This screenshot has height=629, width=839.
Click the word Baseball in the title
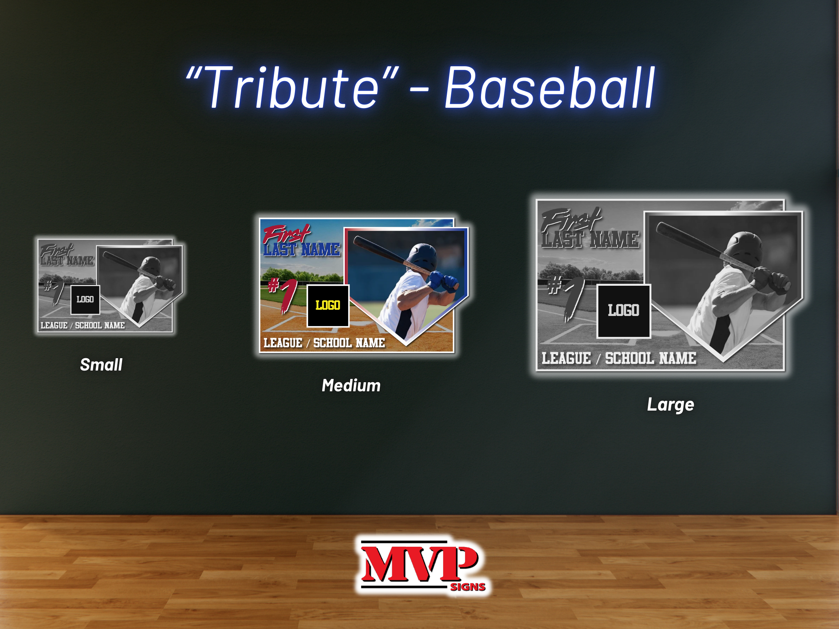[x=550, y=87]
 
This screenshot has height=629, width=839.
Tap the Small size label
[x=101, y=365]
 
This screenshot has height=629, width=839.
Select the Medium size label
[x=351, y=385]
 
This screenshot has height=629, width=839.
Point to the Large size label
[x=671, y=405]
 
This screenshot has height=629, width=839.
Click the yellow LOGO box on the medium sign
[x=328, y=306]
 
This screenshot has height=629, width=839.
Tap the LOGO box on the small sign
[x=85, y=300]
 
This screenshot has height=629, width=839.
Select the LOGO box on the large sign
[x=623, y=311]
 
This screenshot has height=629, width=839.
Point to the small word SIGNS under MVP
[x=468, y=587]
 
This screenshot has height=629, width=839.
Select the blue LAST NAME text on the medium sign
[x=302, y=249]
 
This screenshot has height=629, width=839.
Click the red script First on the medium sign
[x=286, y=234]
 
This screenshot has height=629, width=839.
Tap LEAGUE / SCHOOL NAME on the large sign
[x=619, y=358]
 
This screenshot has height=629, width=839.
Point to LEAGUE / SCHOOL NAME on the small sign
[x=83, y=325]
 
